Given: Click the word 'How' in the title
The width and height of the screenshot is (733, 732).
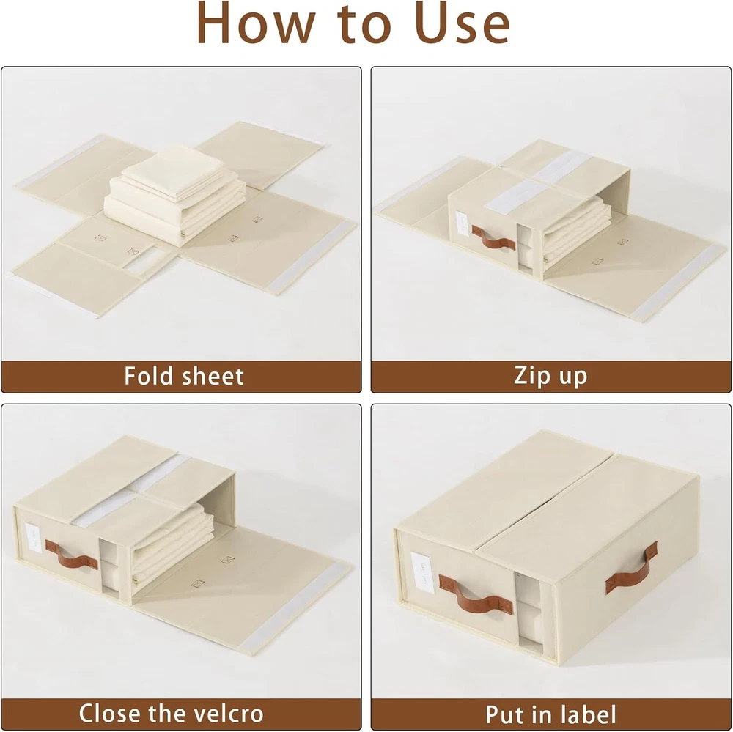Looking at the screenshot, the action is point(256,23).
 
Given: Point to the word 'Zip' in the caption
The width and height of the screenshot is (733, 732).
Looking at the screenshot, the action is point(531,376).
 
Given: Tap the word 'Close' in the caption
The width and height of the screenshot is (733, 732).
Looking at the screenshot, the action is point(111,713).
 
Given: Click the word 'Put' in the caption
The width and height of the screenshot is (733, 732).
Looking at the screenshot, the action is point(504,714).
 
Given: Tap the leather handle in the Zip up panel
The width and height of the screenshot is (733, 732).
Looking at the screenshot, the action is point(493,237).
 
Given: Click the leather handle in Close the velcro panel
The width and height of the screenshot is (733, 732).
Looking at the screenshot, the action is point(72,555).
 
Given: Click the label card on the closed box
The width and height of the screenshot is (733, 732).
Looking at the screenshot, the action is point(422,573).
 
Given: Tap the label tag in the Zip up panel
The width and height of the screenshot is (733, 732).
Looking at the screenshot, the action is point(461,223).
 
